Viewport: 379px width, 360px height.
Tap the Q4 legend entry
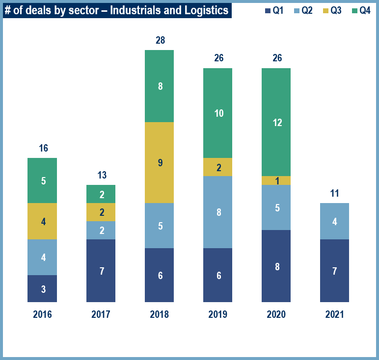361,10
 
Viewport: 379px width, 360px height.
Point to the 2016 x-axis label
42,314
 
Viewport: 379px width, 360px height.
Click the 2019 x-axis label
217,314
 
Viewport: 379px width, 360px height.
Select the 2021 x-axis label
334,314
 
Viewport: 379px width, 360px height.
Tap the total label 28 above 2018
160,40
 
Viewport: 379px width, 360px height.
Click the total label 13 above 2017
102,175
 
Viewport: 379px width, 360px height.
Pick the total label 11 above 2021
334,193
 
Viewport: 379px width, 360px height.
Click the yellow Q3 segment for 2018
159,162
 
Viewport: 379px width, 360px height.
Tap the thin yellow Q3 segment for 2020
276,180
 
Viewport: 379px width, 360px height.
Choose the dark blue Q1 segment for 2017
101,271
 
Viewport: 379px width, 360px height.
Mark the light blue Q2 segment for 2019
217,212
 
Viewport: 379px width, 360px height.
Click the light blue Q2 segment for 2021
334,221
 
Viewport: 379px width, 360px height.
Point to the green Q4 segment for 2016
42,180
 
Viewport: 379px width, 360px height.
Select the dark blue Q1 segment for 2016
42,288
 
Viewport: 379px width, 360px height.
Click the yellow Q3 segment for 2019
217,167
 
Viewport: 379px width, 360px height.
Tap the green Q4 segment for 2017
101,194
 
